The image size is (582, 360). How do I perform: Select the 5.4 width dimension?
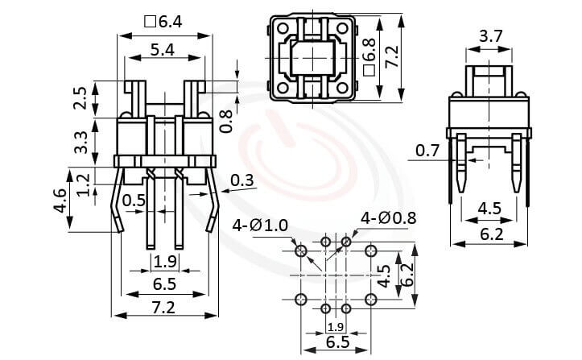[165, 50]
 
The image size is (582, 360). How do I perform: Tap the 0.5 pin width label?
[134, 201]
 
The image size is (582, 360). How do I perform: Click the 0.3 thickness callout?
[241, 180]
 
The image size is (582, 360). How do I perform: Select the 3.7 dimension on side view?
[491, 35]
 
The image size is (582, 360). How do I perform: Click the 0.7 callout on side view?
[427, 150]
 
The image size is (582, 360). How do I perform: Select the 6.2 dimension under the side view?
[490, 234]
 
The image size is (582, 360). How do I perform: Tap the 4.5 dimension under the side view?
[490, 209]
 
